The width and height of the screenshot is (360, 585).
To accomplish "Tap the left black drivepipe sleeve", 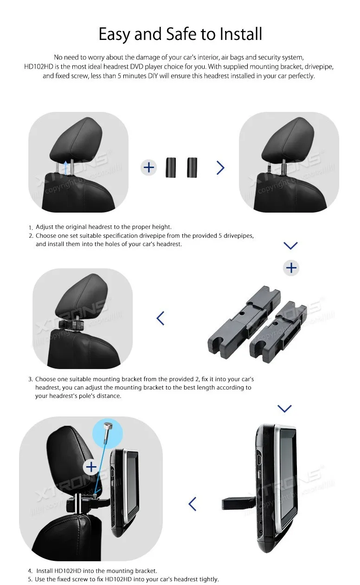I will [x=172, y=167].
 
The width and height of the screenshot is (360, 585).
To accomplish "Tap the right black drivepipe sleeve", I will [x=192, y=167].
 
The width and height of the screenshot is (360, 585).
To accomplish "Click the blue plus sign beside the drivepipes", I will [x=149, y=167].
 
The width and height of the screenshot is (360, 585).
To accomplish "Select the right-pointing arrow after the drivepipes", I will [x=220, y=167].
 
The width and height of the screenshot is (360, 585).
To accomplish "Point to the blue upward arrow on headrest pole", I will [x=67, y=166].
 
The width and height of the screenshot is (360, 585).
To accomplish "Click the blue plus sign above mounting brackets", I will [x=291, y=268].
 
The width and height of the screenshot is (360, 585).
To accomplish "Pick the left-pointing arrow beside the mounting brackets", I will [x=161, y=318].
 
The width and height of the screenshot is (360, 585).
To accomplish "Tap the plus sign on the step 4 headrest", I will [x=91, y=467].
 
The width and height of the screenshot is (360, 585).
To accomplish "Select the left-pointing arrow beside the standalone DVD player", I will [x=193, y=503].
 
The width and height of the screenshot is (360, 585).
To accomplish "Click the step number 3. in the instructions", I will [x=31, y=379].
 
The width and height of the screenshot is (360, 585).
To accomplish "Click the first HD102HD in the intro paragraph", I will [x=40, y=66].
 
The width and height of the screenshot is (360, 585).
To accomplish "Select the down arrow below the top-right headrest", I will [x=290, y=245].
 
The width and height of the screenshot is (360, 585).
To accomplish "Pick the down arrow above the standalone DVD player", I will [x=284, y=408].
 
